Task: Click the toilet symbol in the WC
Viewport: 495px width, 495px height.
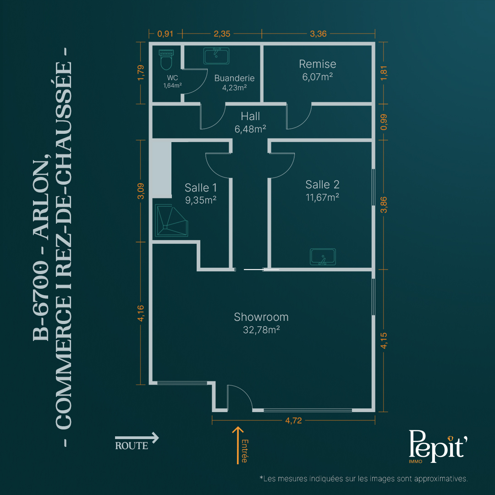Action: [166, 60]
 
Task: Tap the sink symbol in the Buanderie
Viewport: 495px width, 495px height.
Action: [216, 56]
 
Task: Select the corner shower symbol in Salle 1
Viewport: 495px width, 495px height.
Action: [171, 220]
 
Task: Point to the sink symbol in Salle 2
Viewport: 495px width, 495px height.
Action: [323, 257]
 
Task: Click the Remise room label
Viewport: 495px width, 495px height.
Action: [318, 64]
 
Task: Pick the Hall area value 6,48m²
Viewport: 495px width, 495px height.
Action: [250, 129]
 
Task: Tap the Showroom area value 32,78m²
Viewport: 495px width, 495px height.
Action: [261, 330]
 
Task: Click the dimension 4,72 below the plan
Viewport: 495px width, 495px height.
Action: [294, 420]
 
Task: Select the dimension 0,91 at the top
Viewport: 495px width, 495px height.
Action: [165, 33]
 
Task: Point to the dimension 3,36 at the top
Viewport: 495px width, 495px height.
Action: [318, 33]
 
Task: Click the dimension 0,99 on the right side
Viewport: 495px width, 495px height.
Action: [384, 122]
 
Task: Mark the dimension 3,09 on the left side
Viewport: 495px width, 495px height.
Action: [141, 191]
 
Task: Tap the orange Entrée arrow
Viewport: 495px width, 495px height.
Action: [238, 445]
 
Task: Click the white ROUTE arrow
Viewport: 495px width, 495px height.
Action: [137, 438]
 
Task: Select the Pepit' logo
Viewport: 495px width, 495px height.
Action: [438, 446]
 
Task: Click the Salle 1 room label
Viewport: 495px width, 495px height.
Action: [201, 188]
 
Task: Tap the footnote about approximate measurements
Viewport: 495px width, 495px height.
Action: [363, 478]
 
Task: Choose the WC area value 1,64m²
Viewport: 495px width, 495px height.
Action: [172, 86]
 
